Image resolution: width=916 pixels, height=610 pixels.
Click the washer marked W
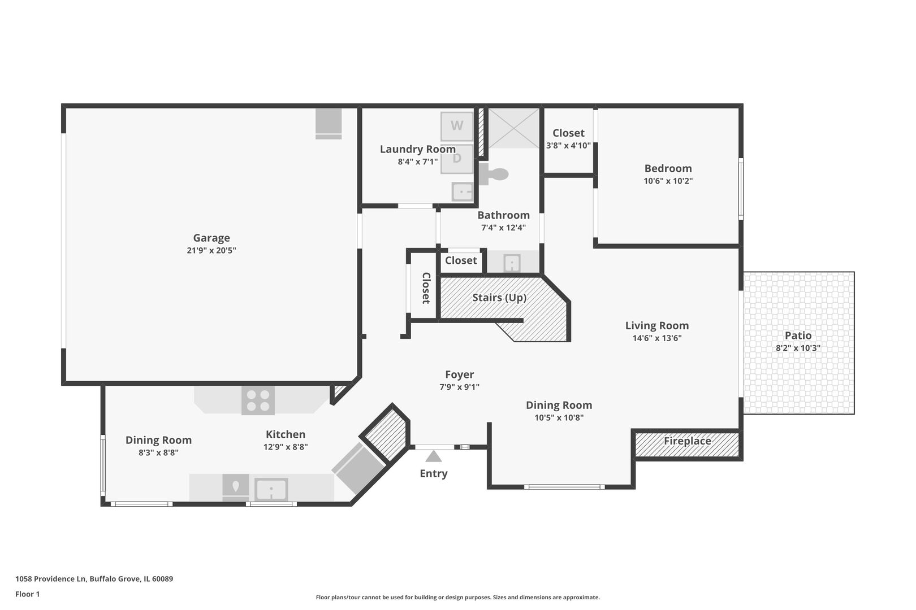point(457,126)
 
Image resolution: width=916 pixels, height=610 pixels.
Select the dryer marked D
point(457,159)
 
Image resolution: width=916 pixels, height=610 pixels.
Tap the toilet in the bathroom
point(494,175)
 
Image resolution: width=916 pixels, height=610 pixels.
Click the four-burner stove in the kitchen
point(258,400)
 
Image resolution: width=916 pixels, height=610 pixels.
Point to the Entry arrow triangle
point(434,456)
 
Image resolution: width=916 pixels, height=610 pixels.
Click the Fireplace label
point(688,441)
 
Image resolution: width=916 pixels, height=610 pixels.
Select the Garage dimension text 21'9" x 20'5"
point(211,250)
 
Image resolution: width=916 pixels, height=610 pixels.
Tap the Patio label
point(798,335)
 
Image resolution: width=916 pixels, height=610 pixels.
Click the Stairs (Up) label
point(499,298)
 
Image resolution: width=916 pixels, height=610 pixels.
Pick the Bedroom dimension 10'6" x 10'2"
point(668,181)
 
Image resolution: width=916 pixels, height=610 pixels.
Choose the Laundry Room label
point(417,149)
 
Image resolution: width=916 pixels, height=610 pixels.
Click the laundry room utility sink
point(463,191)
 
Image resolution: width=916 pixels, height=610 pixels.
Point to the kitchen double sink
point(271,489)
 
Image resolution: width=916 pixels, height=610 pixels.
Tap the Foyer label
point(460,374)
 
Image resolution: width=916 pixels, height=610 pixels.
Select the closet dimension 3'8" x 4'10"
point(568,146)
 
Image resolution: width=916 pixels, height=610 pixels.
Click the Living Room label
point(656,326)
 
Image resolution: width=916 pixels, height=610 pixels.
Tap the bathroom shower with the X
point(513,128)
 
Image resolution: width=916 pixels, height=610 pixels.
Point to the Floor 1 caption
point(27,594)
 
